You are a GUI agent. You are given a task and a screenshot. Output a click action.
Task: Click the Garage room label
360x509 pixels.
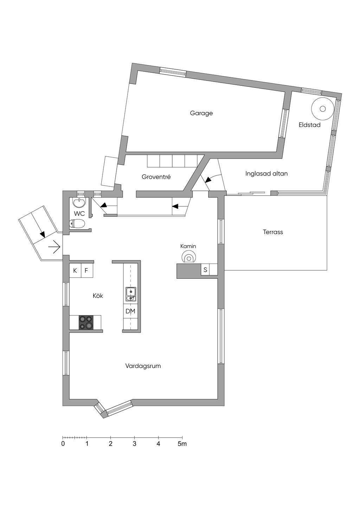click(x=201, y=113)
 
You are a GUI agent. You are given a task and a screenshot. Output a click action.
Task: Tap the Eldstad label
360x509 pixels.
click(x=309, y=125)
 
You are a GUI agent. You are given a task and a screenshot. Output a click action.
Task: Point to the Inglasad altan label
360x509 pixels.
click(x=266, y=173)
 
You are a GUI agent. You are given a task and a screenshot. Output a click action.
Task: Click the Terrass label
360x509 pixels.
click(x=273, y=232)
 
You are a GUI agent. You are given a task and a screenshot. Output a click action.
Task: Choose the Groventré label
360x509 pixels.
click(x=156, y=177)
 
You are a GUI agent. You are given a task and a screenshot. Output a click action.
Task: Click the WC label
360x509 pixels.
click(x=79, y=214)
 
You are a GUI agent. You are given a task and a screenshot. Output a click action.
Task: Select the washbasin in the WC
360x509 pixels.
click(x=79, y=203)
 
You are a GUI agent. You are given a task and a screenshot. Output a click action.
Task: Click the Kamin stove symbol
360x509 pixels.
click(x=189, y=257)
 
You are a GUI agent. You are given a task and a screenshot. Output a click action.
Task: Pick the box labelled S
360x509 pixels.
click(x=205, y=270)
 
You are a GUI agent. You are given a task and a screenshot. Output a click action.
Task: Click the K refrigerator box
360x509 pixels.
click(x=75, y=271)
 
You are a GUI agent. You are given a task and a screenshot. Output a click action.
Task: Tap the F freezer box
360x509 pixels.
click(x=86, y=271)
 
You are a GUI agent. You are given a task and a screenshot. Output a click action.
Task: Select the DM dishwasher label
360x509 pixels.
click(x=130, y=311)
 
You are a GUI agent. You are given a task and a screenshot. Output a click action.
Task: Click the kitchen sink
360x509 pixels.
click(x=131, y=294)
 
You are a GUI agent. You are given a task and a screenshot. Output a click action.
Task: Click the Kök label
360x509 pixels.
click(x=98, y=296)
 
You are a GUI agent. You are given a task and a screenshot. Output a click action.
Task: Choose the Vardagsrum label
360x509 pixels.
click(x=143, y=366)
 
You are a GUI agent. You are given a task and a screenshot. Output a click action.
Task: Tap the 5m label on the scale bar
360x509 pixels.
click(x=182, y=444)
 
